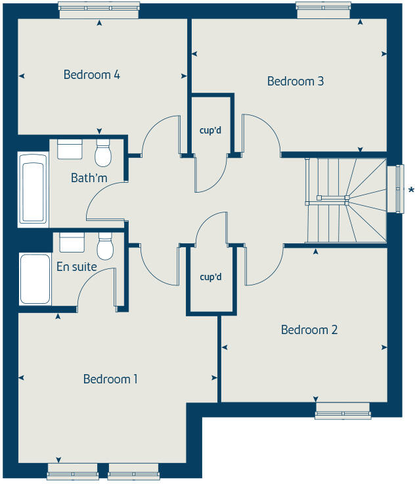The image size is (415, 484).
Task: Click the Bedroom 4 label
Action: (x=91, y=74)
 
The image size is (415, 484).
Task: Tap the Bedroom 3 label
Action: (x=295, y=82)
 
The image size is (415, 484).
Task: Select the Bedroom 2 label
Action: (x=309, y=329)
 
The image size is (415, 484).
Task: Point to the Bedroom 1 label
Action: (x=110, y=379)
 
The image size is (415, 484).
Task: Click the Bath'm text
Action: (x=84, y=178)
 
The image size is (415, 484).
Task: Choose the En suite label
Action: (x=77, y=267)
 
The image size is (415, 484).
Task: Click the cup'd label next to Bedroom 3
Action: (x=211, y=130)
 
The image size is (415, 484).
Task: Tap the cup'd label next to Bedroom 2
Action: (x=211, y=277)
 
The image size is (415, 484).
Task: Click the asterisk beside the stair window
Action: (x=411, y=190)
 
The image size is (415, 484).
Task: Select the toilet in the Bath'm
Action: (x=103, y=153)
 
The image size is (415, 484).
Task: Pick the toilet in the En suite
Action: (x=104, y=247)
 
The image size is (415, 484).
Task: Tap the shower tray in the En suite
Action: (x=34, y=280)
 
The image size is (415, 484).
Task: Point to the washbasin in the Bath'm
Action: (x=70, y=149)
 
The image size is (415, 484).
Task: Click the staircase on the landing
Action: (x=345, y=200)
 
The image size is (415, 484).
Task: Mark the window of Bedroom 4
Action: (x=99, y=7)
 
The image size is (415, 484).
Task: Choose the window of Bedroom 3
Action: (x=322, y=7)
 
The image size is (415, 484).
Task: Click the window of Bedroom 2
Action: (x=343, y=412)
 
